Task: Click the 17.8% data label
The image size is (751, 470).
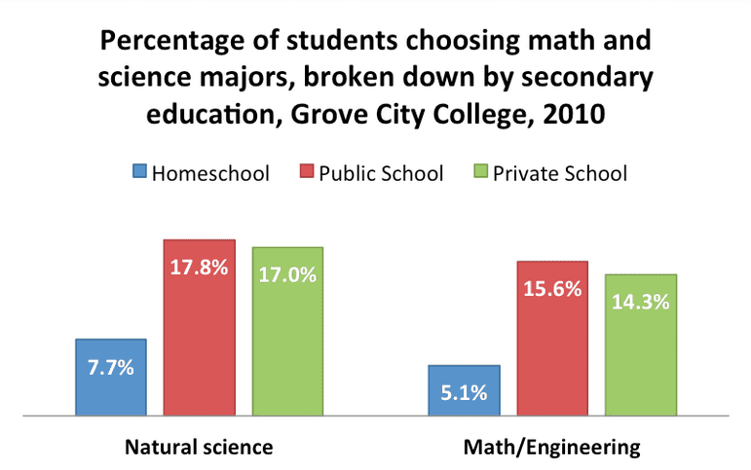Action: click(x=199, y=268)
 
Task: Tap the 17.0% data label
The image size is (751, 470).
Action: click(x=287, y=274)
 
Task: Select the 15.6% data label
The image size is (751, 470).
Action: click(x=553, y=289)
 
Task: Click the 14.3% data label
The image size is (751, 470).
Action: click(x=641, y=302)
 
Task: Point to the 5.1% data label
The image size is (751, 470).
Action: click(x=465, y=394)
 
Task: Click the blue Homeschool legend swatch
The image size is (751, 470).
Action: click(x=139, y=174)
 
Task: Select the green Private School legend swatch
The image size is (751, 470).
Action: click(x=478, y=174)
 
